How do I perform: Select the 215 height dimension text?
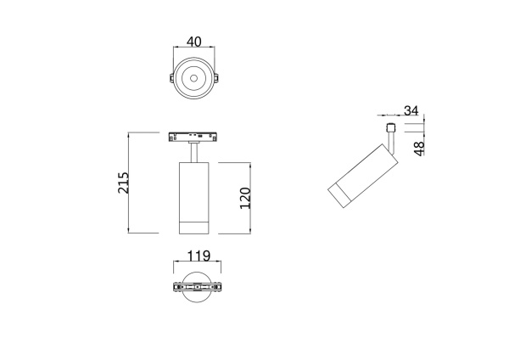[123, 183]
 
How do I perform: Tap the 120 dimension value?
[245, 197]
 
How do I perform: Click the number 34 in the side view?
[411, 110]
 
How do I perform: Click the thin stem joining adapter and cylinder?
[195, 152]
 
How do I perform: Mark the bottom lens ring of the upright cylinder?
[195, 226]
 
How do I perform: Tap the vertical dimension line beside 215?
[128, 183]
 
